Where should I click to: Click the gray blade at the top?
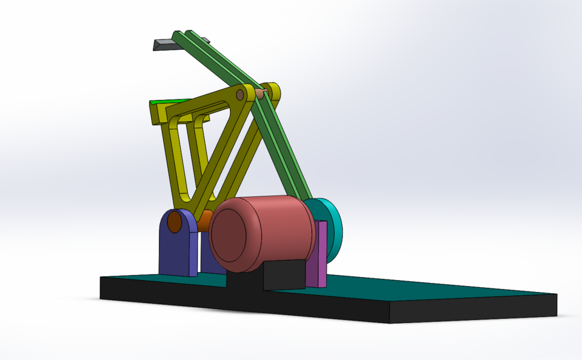pyautogui.click(x=164, y=45)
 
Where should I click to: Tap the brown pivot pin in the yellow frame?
pyautogui.click(x=241, y=95)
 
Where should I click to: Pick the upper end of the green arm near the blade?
pyautogui.click(x=182, y=38)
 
